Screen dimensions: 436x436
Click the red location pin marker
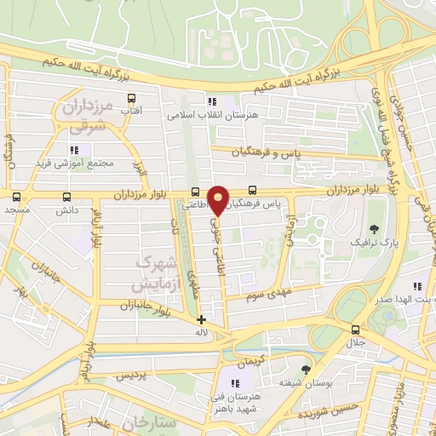(219, 199)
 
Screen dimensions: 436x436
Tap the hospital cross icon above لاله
(201, 319)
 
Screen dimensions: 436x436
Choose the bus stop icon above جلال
(356, 330)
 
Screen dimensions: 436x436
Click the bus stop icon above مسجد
(16, 196)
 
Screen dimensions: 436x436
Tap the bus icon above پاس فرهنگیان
(252, 192)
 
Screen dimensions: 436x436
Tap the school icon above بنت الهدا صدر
(416, 286)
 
